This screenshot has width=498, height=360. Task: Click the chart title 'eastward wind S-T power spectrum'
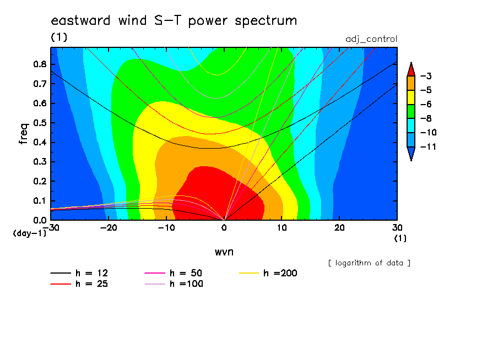point(174,20)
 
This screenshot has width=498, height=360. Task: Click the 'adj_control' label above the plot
point(371,39)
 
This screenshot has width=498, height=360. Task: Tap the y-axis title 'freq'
point(24,134)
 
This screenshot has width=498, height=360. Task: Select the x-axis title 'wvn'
point(224,252)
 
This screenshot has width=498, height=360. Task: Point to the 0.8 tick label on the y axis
point(40,64)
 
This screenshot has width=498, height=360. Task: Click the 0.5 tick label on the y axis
point(40,123)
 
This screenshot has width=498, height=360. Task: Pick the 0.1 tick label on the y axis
point(40,200)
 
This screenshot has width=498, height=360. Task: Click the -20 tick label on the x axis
point(109,228)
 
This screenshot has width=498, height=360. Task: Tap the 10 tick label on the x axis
point(282,228)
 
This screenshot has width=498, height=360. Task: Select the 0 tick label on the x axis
point(224,228)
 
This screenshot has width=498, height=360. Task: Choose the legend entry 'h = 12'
point(79,273)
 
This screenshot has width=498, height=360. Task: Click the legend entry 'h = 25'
point(79,284)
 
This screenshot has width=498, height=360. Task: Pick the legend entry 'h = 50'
point(174,273)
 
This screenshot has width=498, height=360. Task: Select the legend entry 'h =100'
point(174,284)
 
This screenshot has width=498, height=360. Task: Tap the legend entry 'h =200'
point(268,273)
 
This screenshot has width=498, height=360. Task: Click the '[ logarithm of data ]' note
point(370,263)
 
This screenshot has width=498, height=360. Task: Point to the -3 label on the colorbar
point(426,76)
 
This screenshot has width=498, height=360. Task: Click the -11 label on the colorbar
point(428,146)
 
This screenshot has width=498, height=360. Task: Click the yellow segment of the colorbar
point(411,97)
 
